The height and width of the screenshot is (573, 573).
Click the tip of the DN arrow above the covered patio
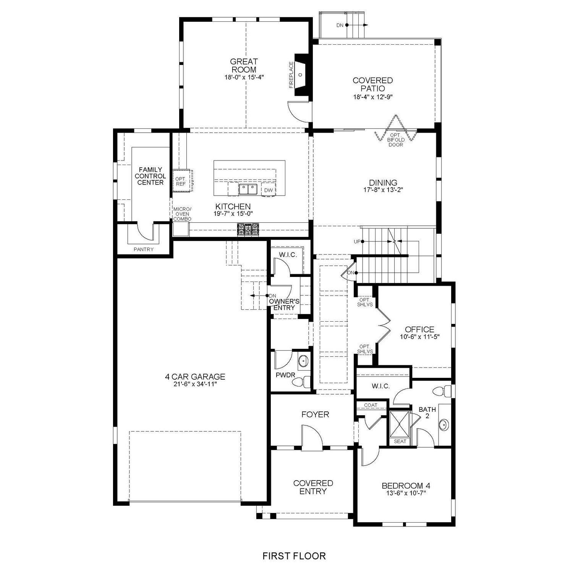coord(368,25)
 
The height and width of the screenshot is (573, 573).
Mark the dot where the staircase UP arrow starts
coord(363,241)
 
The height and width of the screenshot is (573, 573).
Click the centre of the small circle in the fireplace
coord(300,74)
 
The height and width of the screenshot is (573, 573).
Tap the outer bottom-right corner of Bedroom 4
coord(455,526)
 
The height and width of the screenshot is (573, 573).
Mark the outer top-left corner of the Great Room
coord(180,18)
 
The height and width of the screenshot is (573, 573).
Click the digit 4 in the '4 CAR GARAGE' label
coord(167,377)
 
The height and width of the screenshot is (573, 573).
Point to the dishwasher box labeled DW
coord(268,190)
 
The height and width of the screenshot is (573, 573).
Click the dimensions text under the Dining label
coord(383,189)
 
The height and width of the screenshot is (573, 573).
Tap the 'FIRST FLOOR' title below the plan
coord(294,555)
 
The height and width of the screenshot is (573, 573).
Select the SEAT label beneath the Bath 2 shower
coord(400,441)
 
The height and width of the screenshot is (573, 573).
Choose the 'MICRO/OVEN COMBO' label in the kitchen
coord(182,214)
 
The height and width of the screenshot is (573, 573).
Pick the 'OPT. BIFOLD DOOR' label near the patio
coord(396,140)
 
